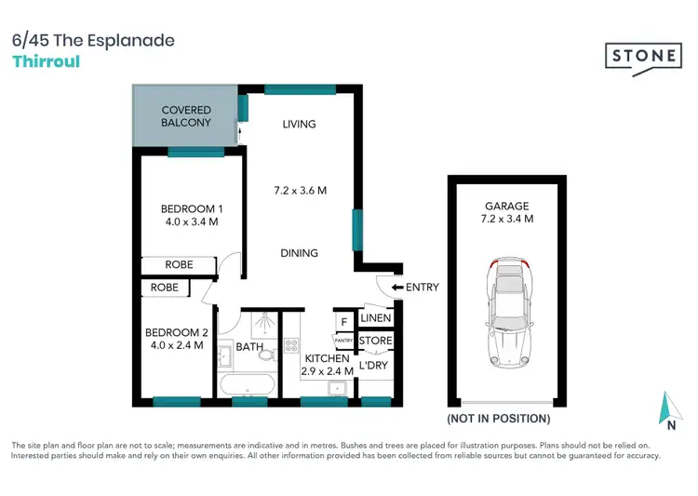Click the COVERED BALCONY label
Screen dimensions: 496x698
pos(186,116)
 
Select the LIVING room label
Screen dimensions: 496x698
pos(300,124)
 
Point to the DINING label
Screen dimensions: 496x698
pos(300,252)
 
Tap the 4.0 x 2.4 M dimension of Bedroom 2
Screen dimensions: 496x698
pos(175,345)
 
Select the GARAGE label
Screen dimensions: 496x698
pos(506,207)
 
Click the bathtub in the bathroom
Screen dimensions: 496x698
pos(247,384)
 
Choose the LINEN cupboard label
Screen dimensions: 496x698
pos(375,319)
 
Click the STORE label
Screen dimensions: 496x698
pos(375,342)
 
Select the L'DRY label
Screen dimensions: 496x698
pos(373,365)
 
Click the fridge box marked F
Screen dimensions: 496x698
pos(343,322)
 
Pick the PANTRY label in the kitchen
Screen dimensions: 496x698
pos(343,342)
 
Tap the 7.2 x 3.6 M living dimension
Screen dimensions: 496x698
pos(300,191)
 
